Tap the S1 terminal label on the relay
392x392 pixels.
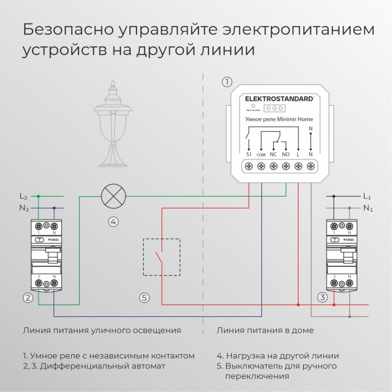tap(248, 154)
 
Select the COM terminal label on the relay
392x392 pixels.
tap(261, 154)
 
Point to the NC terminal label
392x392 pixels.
tap(273, 154)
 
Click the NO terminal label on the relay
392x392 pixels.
tap(286, 154)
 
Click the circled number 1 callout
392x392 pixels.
tap(227, 82)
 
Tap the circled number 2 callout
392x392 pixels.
tap(27, 298)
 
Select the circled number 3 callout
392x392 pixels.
tap(322, 298)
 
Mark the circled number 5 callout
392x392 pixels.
tap(144, 298)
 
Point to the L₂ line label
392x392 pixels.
tap(24, 196)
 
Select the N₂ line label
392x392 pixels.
tap(24, 208)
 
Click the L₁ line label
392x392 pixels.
tap(367, 196)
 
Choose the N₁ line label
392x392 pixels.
tap(367, 209)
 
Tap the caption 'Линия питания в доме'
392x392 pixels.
tap(265, 331)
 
